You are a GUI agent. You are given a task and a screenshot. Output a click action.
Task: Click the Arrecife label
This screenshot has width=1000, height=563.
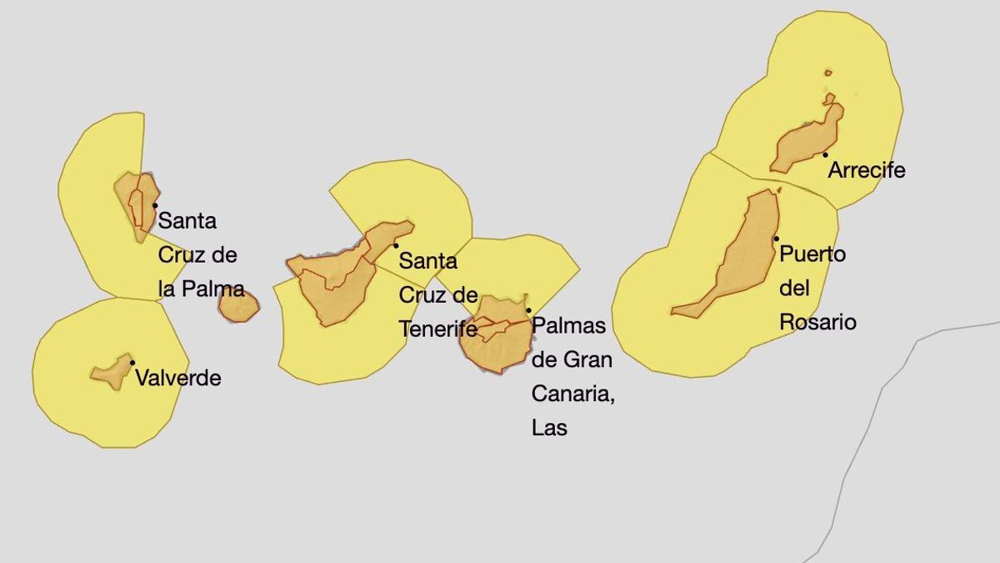click(x=867, y=171)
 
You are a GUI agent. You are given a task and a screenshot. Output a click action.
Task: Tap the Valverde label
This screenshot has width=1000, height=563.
click(x=178, y=378)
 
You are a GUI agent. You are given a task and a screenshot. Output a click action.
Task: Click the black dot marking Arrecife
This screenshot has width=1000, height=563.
click(x=825, y=154)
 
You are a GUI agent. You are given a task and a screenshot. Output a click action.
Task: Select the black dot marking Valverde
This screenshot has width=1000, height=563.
click(x=132, y=362)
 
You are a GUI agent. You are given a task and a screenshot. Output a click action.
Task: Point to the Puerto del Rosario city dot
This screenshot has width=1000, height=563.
click(x=776, y=239)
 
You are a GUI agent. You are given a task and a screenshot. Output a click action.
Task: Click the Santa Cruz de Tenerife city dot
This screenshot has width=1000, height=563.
click(x=396, y=245)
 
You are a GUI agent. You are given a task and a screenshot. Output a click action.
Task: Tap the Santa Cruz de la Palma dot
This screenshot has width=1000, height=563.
click(x=155, y=204)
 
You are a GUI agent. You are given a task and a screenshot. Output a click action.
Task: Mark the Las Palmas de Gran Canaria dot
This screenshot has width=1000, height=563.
click(x=528, y=310)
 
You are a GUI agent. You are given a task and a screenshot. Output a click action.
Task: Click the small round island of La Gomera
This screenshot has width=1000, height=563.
click(x=239, y=306)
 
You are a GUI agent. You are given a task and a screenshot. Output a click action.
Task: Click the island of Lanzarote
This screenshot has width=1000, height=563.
click(x=804, y=142)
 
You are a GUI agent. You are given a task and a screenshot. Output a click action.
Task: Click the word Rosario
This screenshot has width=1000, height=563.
click(x=817, y=322)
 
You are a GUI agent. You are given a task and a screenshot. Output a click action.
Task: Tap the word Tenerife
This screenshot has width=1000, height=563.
click(x=438, y=329)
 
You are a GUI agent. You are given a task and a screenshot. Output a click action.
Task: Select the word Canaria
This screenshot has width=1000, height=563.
click(x=572, y=394)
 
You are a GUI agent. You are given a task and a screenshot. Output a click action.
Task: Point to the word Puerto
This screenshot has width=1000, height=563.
click(x=812, y=254)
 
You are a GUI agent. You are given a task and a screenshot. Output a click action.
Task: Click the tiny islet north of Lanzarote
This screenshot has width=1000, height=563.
click(x=827, y=73)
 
